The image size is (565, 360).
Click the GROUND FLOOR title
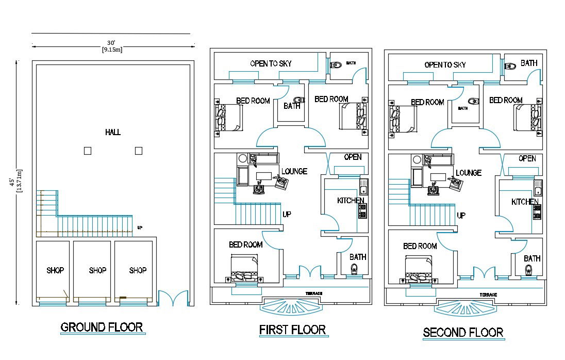(x=102, y=327)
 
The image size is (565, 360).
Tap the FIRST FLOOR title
(x=292, y=330)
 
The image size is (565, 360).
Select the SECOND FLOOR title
(x=463, y=332)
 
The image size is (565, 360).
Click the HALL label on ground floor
(x=113, y=133)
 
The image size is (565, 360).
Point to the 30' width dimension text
(x=111, y=43)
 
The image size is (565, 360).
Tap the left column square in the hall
(x=88, y=151)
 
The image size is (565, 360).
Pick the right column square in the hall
(x=138, y=151)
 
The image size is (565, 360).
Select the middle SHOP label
(x=97, y=270)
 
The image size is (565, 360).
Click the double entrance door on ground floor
(x=173, y=299)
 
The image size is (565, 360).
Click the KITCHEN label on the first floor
(x=351, y=200)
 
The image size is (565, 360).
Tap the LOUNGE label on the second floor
(x=469, y=173)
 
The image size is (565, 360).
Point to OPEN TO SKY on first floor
(x=271, y=63)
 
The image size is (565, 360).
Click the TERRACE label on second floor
(x=488, y=294)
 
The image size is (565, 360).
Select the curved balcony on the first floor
(x=292, y=306)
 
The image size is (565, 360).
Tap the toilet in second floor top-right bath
(x=510, y=66)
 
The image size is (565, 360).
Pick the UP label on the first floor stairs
(x=287, y=214)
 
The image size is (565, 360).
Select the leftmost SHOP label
(x=55, y=270)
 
